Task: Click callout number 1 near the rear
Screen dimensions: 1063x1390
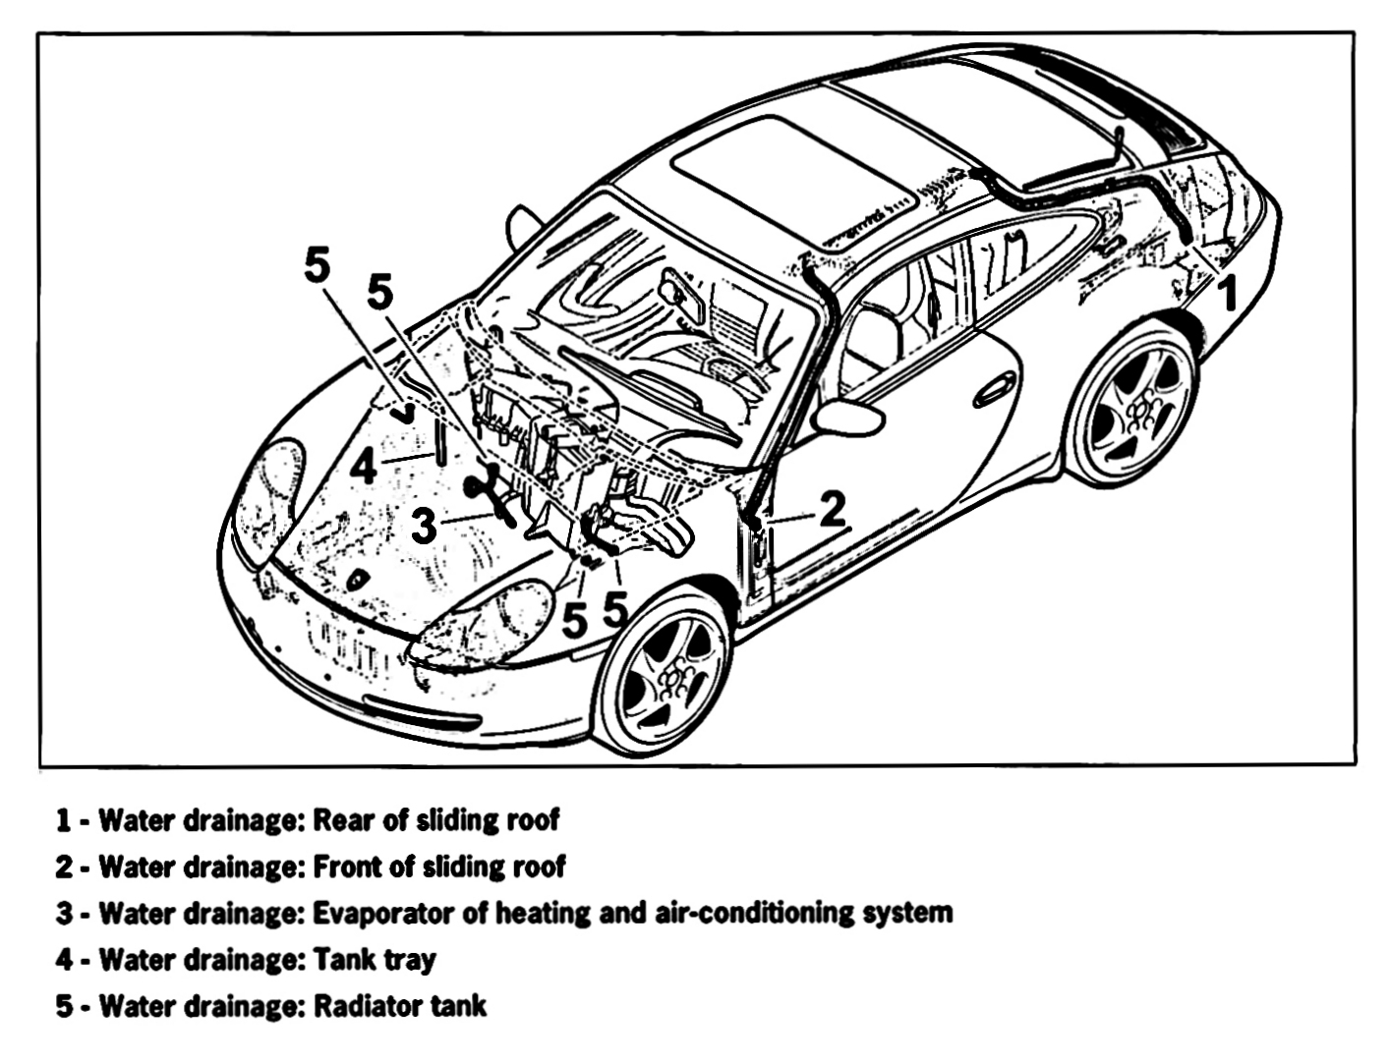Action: [1227, 292]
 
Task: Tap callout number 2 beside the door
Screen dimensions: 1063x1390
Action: [832, 509]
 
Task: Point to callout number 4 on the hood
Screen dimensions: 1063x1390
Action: [363, 465]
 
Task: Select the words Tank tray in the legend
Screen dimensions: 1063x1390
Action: [374, 960]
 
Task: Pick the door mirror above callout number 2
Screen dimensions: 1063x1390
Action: [847, 417]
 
